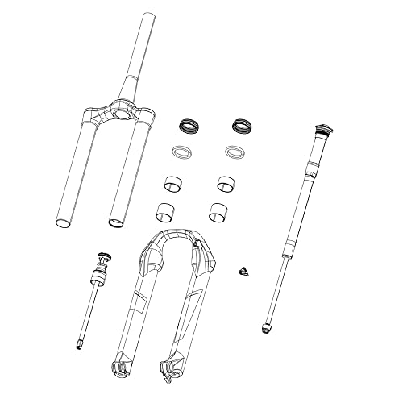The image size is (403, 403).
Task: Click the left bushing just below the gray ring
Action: tap(172, 184)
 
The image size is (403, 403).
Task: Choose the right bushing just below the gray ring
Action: tap(226, 183)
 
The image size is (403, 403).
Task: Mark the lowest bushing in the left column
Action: tap(167, 212)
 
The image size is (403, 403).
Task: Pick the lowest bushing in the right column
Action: tap(218, 211)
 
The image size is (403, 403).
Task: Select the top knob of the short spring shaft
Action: tap(103, 260)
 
